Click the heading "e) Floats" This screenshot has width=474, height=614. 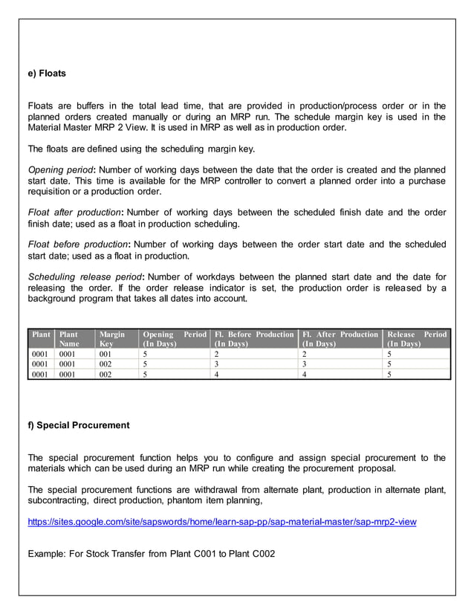pos(47,74)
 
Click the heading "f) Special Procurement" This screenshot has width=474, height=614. pos(79,425)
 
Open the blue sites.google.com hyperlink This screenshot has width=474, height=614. pos(221,522)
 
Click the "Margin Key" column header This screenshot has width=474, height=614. pos(112,339)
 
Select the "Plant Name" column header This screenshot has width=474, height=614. pos(69,339)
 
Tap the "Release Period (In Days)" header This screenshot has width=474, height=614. pos(417,339)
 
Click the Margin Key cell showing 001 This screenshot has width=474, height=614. pos(105,355)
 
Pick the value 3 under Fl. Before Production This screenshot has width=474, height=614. pos(216,365)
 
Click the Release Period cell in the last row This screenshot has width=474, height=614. pos(390,375)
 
